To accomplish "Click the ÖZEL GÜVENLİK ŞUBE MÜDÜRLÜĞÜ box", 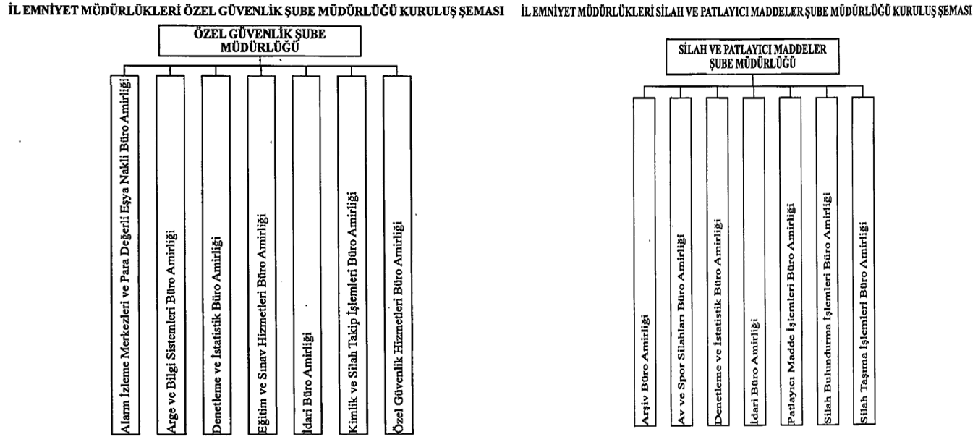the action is (260, 41).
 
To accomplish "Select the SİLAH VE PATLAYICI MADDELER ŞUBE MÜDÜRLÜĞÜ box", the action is (752, 56).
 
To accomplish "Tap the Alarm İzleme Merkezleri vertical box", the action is (125, 255).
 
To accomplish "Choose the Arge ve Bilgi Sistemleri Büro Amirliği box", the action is (171, 255).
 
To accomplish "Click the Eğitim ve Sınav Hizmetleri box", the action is (262, 255).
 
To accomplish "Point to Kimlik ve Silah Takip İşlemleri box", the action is (352, 255).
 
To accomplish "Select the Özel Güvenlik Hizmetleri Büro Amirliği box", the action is (398, 255).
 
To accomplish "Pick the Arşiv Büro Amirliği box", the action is (645, 262).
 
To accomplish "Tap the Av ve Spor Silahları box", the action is (681, 262).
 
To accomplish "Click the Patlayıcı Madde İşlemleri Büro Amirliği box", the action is (791, 261).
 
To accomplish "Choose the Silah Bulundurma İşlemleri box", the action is (827, 261).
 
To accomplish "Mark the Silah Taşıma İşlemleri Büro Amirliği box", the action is (863, 260).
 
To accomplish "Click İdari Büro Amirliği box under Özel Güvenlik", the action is (307, 255).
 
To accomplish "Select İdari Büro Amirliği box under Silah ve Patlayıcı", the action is (754, 262).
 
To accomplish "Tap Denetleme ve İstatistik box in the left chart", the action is (216, 255).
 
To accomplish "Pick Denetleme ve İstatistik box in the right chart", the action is (718, 262).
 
